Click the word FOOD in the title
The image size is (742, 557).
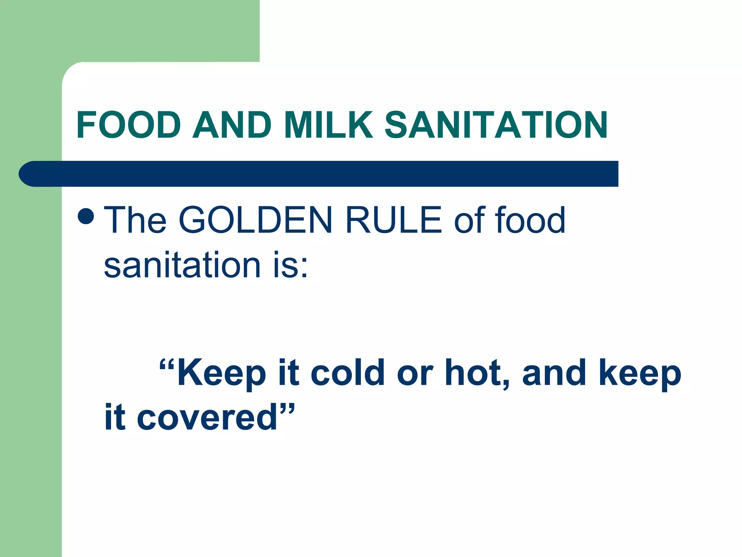[129, 125]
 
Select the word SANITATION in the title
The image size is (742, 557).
[496, 125]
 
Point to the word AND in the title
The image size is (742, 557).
[232, 125]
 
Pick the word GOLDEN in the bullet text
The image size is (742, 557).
[255, 220]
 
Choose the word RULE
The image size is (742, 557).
[394, 220]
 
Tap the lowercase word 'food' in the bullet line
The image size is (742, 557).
[530, 220]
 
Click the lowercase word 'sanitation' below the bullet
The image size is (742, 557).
[182, 265]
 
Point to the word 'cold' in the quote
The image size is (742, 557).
[347, 373]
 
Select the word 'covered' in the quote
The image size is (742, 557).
[207, 418]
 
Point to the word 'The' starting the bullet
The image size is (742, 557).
[135, 220]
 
